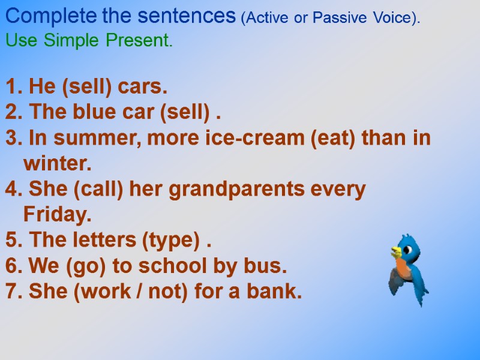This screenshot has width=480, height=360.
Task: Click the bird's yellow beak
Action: coord(395,251)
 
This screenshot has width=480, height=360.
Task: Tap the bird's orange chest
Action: coord(404,269)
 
